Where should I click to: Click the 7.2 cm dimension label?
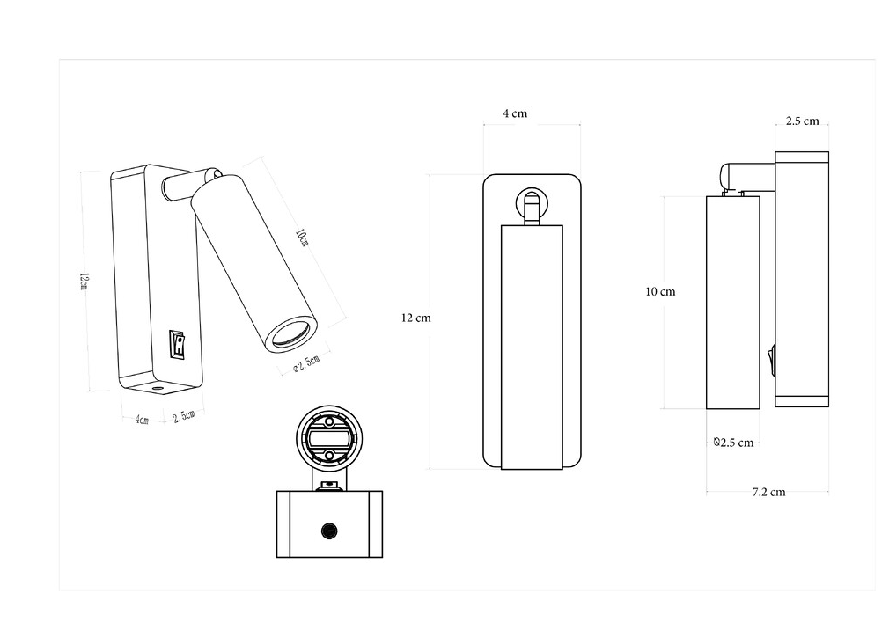768,492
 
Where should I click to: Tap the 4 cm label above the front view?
515,113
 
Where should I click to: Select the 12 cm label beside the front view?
416,318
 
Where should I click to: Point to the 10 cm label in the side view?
660,292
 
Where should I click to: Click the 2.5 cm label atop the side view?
802,121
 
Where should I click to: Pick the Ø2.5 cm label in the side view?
734,443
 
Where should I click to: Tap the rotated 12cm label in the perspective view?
84,282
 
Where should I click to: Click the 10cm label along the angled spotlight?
302,238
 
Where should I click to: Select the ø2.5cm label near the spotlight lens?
306,363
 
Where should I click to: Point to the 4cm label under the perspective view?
142,420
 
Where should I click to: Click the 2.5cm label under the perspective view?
184,416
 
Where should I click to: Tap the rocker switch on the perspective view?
178,345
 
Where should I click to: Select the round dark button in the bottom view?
329,531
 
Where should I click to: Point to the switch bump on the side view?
771,362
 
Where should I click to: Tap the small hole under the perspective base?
157,389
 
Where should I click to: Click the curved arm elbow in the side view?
728,177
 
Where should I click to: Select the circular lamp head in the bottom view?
329,438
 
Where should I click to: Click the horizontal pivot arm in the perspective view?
182,186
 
